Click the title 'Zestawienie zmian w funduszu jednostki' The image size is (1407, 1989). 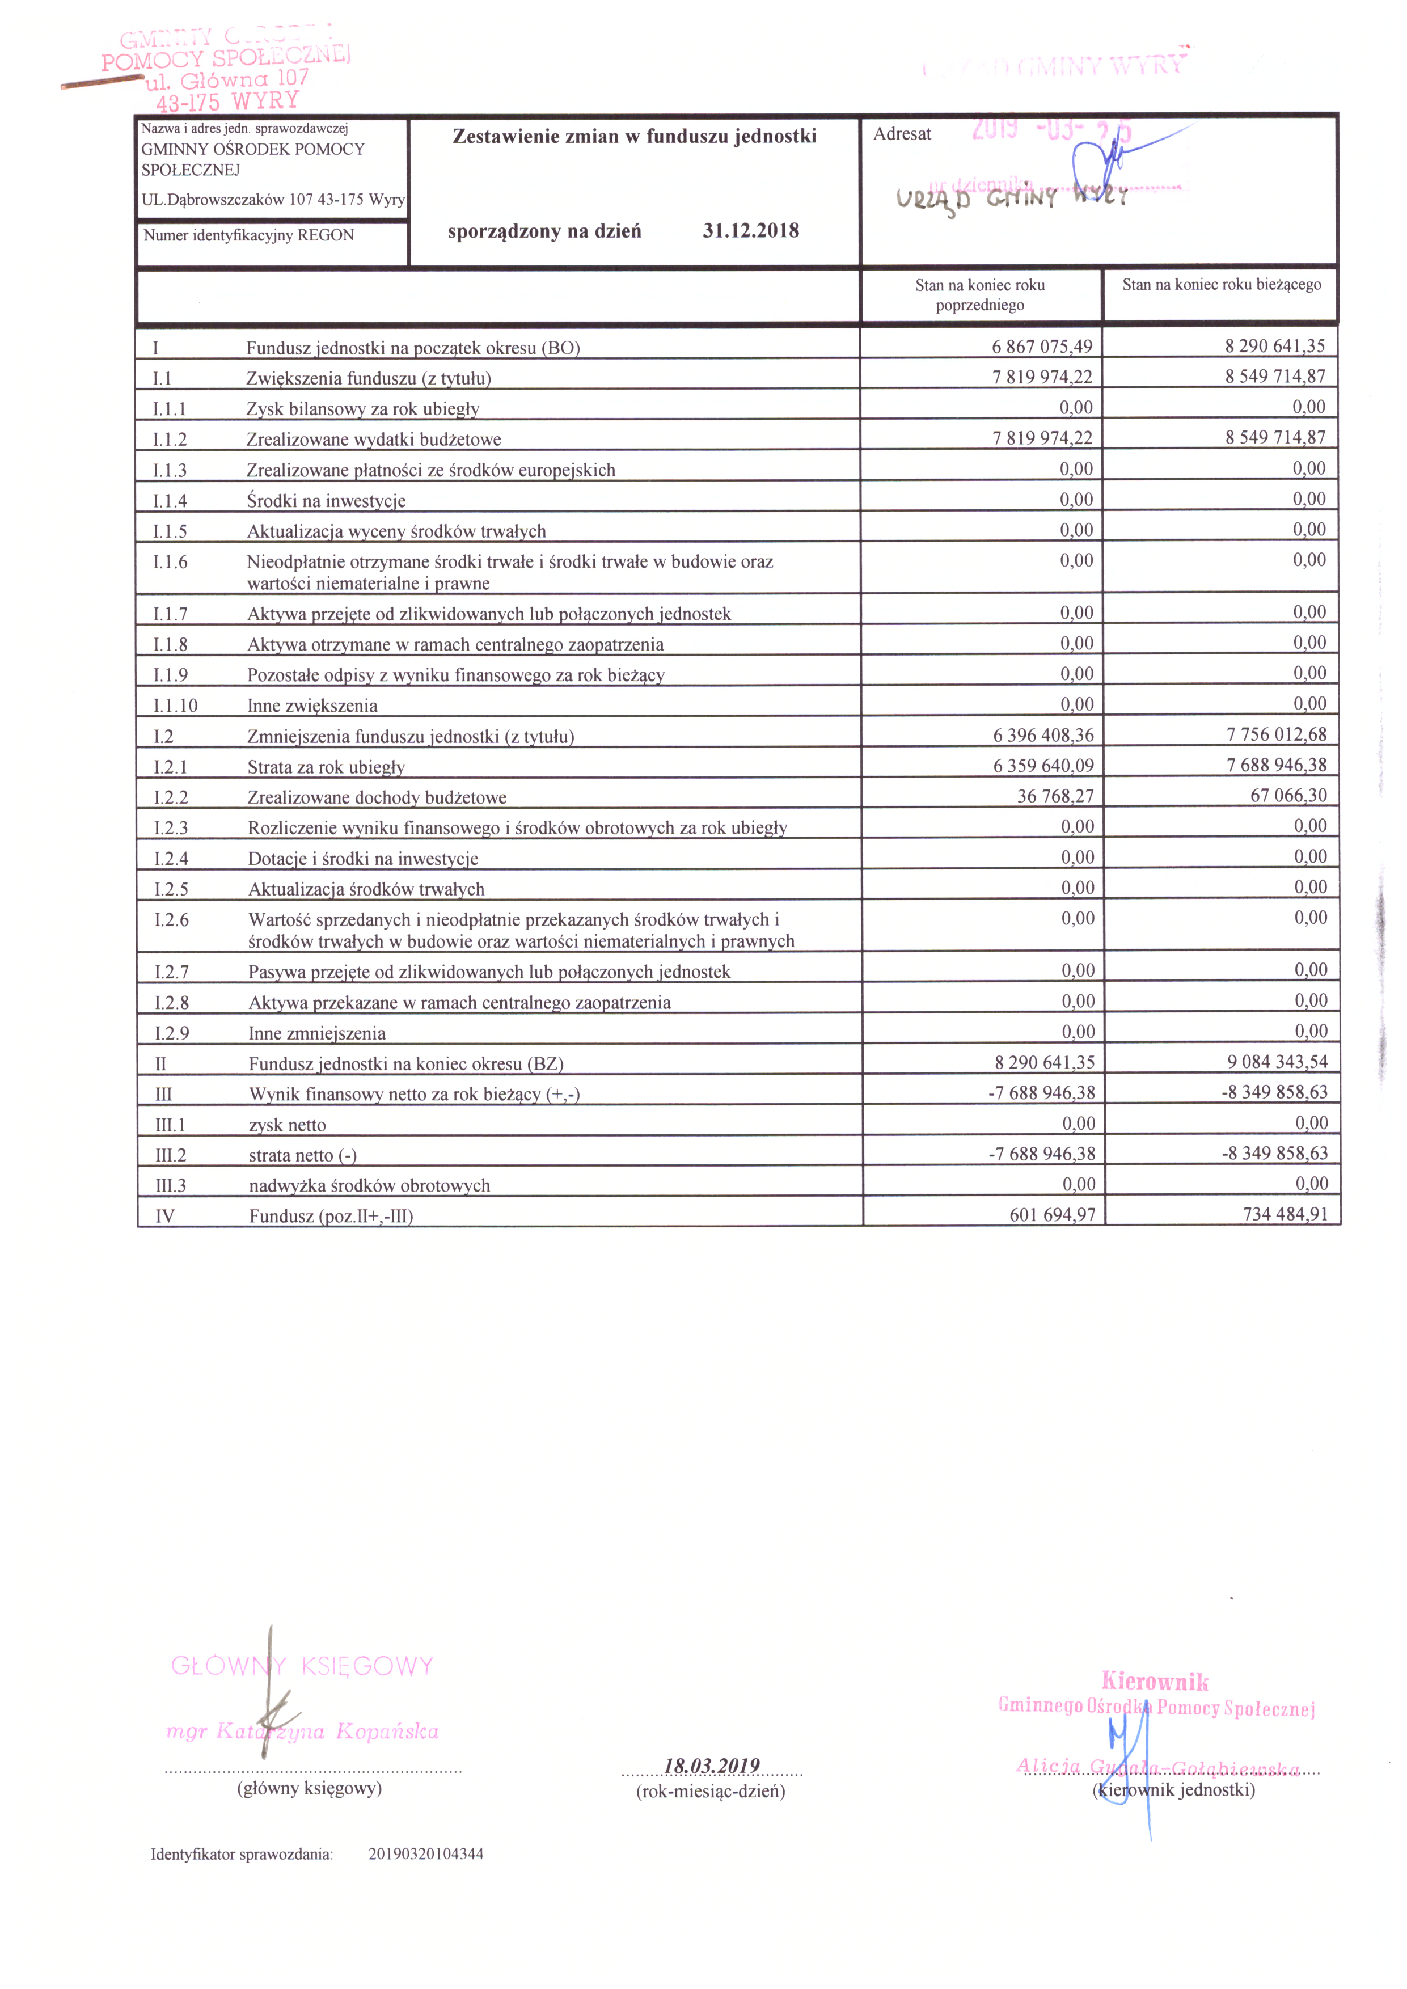pos(634,137)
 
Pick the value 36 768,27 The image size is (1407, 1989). pos(1055,796)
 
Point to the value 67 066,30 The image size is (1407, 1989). pos(1288,795)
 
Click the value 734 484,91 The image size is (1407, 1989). pos(1285,1214)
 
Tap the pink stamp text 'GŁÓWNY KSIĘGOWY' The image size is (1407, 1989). pos(302,1666)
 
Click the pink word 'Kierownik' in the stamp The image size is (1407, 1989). pos(1155,1682)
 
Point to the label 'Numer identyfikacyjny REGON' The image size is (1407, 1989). pos(248,235)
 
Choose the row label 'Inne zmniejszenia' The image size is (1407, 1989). pos(317,1033)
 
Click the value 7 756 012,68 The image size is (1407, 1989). pos(1276,734)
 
